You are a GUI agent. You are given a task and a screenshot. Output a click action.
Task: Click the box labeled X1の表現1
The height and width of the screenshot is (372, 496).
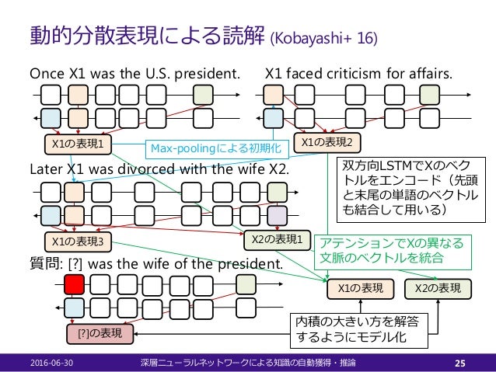pos(76,144)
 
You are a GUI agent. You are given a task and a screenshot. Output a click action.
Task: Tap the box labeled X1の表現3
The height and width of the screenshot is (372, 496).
pos(76,241)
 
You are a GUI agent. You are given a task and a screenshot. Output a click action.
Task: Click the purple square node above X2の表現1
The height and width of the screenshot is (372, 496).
pos(277,215)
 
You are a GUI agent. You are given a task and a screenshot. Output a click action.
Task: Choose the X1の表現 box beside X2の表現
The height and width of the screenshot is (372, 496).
pos(361,288)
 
